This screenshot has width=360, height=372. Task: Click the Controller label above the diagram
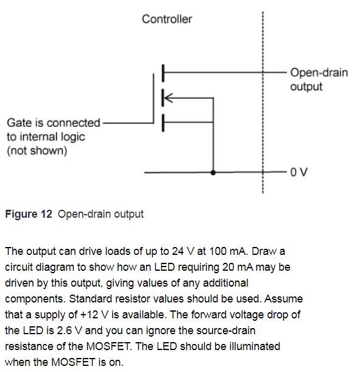tap(166, 19)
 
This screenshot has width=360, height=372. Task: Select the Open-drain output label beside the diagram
tap(319, 79)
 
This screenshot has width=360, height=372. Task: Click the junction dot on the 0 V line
tap(213, 173)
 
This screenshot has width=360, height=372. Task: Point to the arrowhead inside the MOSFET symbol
tap(169, 96)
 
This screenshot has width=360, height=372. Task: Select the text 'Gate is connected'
tap(53, 123)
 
